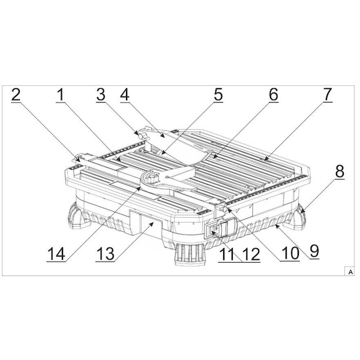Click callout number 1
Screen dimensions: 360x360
pos(61,95)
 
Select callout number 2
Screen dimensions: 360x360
pos(16,95)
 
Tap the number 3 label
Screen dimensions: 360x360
pos(101,95)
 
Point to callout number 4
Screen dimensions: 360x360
pos(125,95)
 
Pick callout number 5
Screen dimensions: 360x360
pos(218,95)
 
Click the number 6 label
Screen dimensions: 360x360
pos(274,95)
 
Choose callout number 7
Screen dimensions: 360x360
pos(328,95)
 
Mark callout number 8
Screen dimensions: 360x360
pos(340,171)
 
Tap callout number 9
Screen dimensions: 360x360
pos(314,251)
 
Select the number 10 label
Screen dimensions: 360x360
pos(290,253)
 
